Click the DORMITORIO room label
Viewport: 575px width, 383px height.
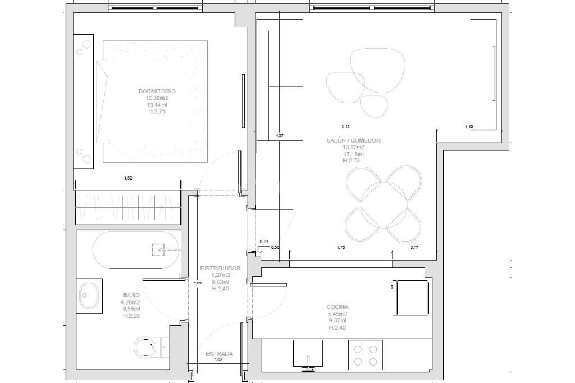point(157,91)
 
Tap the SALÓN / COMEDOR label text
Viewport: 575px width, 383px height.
point(353,140)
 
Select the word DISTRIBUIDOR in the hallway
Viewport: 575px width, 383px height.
point(220,268)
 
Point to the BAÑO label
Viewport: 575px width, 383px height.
point(131,294)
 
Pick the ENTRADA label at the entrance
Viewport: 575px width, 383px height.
point(218,354)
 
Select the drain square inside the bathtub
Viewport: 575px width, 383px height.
point(158,249)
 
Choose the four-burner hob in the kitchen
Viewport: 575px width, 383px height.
point(366,355)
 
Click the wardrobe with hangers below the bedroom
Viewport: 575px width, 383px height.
point(128,208)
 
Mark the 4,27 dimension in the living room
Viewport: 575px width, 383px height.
point(280,135)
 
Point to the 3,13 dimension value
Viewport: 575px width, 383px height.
point(345,126)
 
